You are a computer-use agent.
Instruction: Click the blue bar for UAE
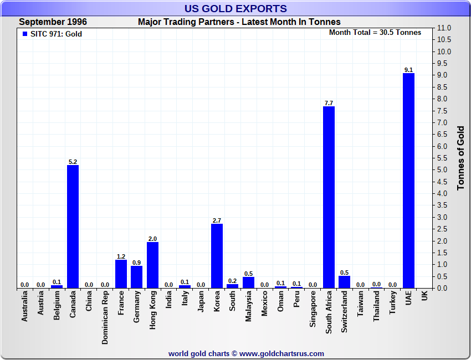[x=408, y=181]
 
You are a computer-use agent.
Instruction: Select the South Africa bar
[x=329, y=197]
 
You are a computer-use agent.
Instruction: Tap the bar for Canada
[x=73, y=227]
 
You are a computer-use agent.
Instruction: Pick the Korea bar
[x=217, y=256]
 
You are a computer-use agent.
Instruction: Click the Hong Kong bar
[x=152, y=265]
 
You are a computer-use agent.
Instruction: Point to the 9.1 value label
[x=408, y=70]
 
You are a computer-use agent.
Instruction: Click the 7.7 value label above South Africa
[x=329, y=103]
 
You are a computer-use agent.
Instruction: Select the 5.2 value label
[x=73, y=162]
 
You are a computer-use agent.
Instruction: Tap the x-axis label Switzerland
[x=345, y=312]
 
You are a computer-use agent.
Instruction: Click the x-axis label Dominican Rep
[x=105, y=318]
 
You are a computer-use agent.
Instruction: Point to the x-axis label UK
[x=424, y=296]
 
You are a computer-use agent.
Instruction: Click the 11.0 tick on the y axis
[x=444, y=28]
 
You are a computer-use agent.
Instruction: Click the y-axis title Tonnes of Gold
[x=461, y=158]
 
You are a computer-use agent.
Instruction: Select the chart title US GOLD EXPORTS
[x=235, y=8]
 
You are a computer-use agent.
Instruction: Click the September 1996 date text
[x=53, y=22]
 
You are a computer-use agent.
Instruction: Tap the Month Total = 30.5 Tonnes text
[x=375, y=33]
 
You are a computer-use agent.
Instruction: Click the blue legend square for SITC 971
[x=25, y=34]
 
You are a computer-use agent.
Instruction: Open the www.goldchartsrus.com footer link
[x=281, y=353]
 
